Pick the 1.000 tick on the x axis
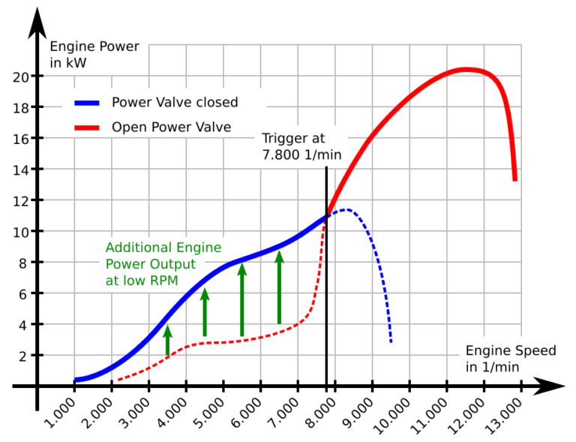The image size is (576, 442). [74, 386]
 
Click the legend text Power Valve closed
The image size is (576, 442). [175, 103]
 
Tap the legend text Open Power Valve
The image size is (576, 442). [171, 128]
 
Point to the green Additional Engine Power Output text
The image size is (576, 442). [163, 263]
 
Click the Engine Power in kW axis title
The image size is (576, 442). [94, 55]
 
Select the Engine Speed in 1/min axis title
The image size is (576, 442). [510, 358]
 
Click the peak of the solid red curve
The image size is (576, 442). [465, 70]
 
